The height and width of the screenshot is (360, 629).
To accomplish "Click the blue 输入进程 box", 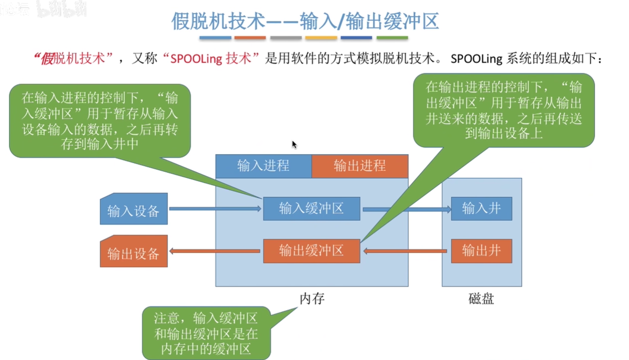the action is click(263, 166).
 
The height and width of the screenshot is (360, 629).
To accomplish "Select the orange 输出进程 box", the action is click(360, 166).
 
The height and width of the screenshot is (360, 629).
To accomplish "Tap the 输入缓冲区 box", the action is click(312, 209).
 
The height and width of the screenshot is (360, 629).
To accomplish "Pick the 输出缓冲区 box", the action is click(312, 251).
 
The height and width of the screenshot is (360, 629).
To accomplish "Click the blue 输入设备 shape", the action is click(133, 209).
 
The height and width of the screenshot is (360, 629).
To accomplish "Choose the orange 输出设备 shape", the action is click(133, 251).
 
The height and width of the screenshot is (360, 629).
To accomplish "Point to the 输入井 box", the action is click(482, 209).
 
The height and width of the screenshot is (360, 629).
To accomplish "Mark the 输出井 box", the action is click(482, 251).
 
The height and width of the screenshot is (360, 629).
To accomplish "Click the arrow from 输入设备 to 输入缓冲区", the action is click(215, 209).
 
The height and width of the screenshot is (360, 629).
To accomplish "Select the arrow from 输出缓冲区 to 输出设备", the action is click(215, 251).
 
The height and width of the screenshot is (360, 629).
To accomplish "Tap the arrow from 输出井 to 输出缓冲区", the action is click(405, 251).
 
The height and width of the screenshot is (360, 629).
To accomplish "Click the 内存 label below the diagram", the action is click(312, 299).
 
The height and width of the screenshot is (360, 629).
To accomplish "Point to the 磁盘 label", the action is click(481, 299).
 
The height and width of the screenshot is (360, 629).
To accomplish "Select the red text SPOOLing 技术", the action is click(211, 59).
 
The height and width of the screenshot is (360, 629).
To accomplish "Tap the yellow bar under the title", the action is click(321, 37).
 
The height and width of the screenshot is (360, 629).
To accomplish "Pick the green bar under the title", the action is click(392, 37).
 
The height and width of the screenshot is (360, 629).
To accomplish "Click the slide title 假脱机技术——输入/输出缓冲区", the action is click(305, 21).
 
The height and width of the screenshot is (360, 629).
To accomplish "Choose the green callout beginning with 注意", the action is click(206, 333).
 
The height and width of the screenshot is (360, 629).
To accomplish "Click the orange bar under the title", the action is click(250, 37).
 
